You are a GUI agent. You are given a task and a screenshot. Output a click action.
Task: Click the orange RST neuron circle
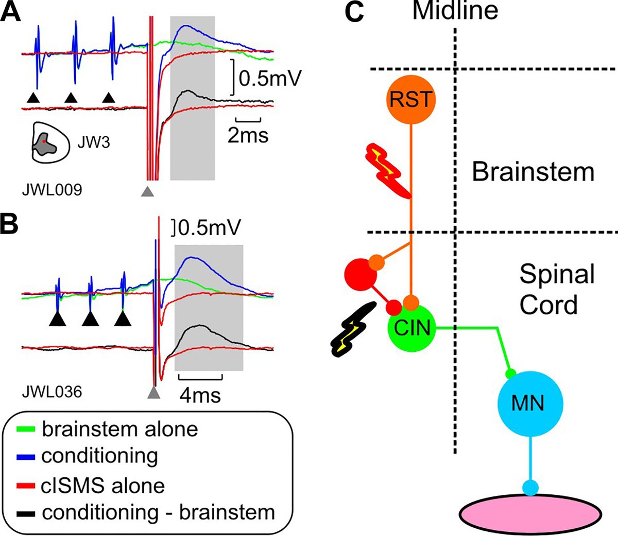[411, 99]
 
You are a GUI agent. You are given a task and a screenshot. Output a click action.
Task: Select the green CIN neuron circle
[411, 328]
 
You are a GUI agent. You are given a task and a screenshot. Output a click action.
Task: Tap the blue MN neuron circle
[530, 403]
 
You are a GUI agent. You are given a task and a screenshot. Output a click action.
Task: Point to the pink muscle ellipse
[530, 514]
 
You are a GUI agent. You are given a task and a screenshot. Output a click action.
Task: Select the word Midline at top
[455, 11]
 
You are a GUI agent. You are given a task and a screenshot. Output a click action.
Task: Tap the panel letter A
[10, 11]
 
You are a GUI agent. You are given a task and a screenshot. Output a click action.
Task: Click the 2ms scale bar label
[248, 136]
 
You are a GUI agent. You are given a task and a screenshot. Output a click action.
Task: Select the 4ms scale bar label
[200, 396]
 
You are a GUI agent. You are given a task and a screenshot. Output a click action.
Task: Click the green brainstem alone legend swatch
[25, 429]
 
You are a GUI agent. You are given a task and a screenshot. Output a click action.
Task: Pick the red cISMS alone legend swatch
[25, 486]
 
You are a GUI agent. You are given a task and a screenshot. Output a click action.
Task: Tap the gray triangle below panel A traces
[147, 191]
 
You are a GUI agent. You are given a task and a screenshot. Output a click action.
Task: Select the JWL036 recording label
[52, 392]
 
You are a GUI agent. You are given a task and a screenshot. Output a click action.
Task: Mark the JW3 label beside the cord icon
[93, 142]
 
